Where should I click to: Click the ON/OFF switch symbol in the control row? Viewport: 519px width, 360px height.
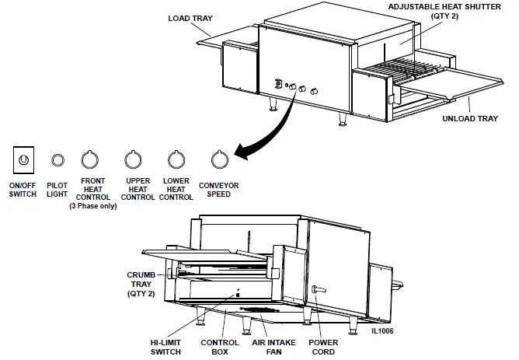[23, 160]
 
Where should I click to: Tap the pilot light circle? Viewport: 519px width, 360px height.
[57, 160]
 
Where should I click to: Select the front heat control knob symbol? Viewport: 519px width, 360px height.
[91, 159]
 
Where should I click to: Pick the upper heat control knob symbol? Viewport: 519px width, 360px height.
[134, 159]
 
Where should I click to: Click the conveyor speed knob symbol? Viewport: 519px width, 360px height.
[221, 159]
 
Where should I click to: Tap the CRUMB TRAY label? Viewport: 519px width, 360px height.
[143, 284]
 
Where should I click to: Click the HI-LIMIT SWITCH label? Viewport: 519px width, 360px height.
[165, 346]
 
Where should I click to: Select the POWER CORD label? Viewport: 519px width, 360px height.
[323, 346]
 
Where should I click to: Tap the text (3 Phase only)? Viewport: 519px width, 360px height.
[93, 205]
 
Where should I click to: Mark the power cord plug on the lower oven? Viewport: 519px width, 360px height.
[317, 289]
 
